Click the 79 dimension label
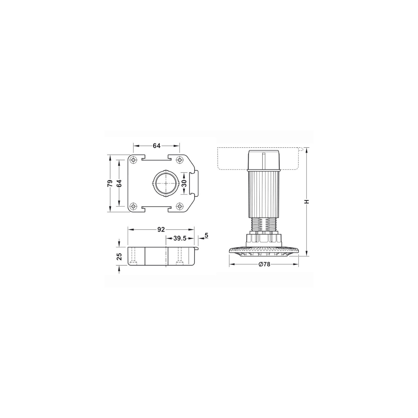(110, 183)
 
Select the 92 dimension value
(161, 230)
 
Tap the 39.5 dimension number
(180, 238)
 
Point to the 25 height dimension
(119, 257)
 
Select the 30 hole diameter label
(184, 183)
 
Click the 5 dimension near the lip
(206, 235)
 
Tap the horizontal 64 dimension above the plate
(156, 146)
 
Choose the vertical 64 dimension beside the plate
(119, 183)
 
